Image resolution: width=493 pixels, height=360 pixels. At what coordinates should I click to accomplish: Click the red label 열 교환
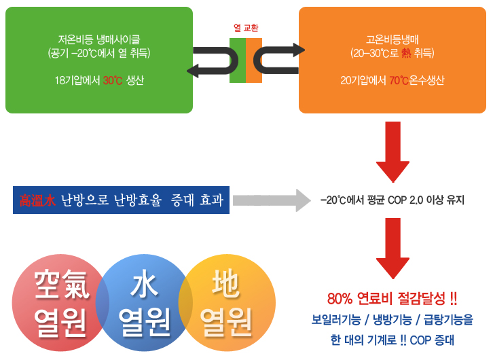pos(246,28)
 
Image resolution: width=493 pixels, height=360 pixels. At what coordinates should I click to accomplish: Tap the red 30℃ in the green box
pos(113,80)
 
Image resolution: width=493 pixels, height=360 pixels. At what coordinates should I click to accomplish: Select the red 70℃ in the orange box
pos(399,80)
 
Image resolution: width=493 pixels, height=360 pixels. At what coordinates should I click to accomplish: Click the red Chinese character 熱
pos(406,53)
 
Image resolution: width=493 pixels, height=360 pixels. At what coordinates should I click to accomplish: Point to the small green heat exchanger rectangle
pos(238,60)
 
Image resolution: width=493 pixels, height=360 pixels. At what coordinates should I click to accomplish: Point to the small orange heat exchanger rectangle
pos(254,60)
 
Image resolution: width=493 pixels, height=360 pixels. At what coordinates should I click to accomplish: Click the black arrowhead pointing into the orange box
pos(299,50)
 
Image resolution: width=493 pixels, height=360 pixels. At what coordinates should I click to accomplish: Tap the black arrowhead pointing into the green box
pos(193,71)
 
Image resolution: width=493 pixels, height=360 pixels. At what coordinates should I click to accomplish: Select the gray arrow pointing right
pos(272,200)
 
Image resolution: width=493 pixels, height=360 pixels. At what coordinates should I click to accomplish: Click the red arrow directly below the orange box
pos(392,152)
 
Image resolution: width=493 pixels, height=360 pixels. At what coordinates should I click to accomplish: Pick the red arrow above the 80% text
pos(392,249)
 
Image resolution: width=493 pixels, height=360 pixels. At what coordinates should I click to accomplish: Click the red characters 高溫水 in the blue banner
pos(37,200)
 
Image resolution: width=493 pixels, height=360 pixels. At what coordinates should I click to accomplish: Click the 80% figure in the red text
pos(340,299)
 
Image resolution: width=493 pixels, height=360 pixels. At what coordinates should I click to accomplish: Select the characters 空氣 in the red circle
pos(62,285)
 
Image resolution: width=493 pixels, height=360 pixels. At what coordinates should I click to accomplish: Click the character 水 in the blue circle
pos(144,285)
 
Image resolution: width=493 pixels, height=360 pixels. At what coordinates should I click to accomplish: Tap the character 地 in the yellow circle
pos(226,283)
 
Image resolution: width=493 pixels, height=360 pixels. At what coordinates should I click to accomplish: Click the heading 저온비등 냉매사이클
pos(99,39)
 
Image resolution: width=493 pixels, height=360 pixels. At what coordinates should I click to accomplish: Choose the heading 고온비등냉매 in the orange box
pos(392,39)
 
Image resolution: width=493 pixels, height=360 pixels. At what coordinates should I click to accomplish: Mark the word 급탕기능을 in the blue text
pos(448,320)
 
